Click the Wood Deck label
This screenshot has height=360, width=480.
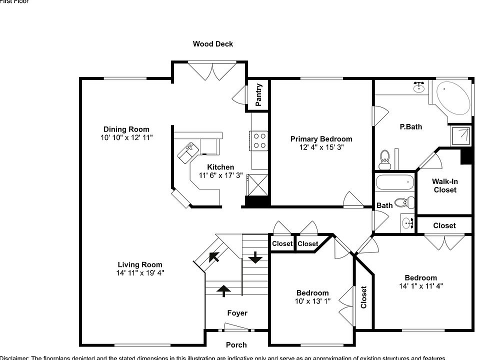(213, 44)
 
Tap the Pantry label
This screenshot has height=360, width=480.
(259, 94)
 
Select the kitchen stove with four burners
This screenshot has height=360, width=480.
(258, 140)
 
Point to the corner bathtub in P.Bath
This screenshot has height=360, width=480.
(453, 98)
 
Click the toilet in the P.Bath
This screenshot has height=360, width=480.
(384, 159)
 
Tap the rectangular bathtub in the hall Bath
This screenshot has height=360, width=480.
(395, 182)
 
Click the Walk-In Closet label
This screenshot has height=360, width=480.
(444, 186)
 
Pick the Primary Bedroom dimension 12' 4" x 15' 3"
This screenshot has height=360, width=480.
(321, 147)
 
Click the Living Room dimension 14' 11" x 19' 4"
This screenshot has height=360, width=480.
(140, 273)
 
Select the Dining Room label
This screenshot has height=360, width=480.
(126, 129)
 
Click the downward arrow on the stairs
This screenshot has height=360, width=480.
(255, 257)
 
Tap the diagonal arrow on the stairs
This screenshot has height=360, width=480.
(214, 257)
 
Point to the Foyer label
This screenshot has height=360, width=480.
(237, 313)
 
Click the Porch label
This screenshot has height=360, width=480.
(236, 345)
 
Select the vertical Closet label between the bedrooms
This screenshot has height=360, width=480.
(363, 297)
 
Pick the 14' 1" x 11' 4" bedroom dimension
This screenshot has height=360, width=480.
(420, 286)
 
